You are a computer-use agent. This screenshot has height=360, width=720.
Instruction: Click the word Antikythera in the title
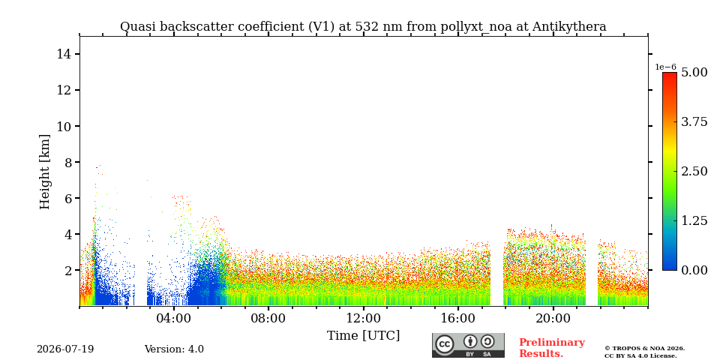coord(569,27)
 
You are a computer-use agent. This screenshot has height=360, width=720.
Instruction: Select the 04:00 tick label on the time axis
coord(174,318)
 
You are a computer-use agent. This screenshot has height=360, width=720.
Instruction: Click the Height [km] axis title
coord(44,172)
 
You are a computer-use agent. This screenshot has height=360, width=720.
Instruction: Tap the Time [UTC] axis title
coord(363,336)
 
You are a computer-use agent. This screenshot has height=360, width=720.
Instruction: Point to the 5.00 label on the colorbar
coord(694,73)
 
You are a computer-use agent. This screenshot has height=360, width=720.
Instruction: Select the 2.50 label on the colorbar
coord(694,171)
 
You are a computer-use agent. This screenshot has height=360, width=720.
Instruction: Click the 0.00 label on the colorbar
coord(694,270)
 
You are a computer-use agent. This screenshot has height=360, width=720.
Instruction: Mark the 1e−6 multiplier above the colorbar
coord(665,67)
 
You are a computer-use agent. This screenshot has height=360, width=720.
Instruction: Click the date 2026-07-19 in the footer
coord(65,349)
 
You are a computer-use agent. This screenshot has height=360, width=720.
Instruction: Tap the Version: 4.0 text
coord(174,349)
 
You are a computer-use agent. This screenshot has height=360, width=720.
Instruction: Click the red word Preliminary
coord(552,343)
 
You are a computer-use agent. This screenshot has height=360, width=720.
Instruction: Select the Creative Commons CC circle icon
coord(444,344)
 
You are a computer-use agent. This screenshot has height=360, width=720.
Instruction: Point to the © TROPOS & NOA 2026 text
coord(644,349)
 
